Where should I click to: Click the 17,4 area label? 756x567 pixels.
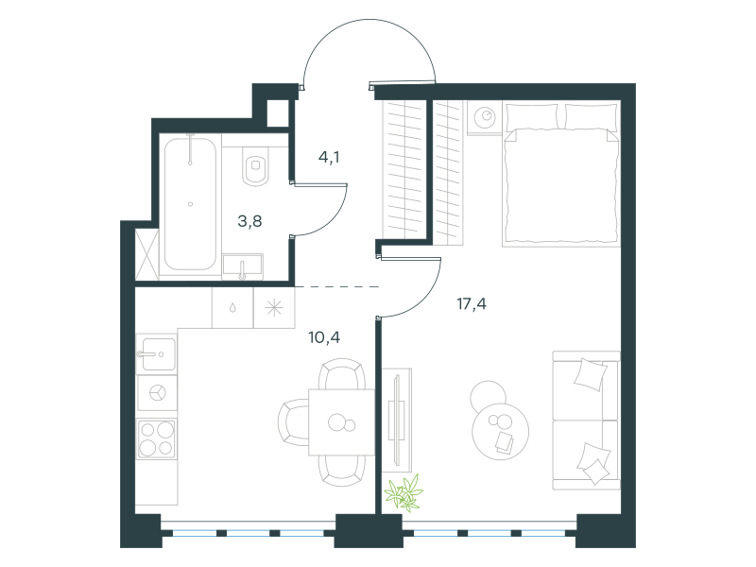(472, 304)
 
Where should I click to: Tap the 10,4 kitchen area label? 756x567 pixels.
(324, 337)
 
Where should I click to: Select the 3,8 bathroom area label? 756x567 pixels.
(249, 221)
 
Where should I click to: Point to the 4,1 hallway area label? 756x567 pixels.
(329, 157)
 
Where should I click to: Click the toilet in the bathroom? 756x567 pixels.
(255, 167)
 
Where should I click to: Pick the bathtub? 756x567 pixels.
(190, 204)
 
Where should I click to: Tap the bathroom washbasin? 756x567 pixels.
(243, 266)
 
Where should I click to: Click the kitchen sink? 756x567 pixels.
(156, 353)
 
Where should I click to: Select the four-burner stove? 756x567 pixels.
(156, 438)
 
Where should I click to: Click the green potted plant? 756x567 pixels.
(404, 492)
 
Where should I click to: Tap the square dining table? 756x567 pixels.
(342, 422)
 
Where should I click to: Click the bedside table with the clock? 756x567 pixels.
(485, 117)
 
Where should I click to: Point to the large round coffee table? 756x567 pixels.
(501, 431)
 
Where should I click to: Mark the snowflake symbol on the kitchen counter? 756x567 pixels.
(274, 308)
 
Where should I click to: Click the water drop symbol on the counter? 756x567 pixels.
(232, 308)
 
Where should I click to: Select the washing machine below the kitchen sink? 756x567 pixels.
(156, 393)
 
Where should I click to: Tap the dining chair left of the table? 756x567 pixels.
(293, 422)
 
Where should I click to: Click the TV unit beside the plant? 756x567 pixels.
(397, 420)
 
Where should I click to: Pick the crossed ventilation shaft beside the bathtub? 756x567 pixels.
(147, 254)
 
